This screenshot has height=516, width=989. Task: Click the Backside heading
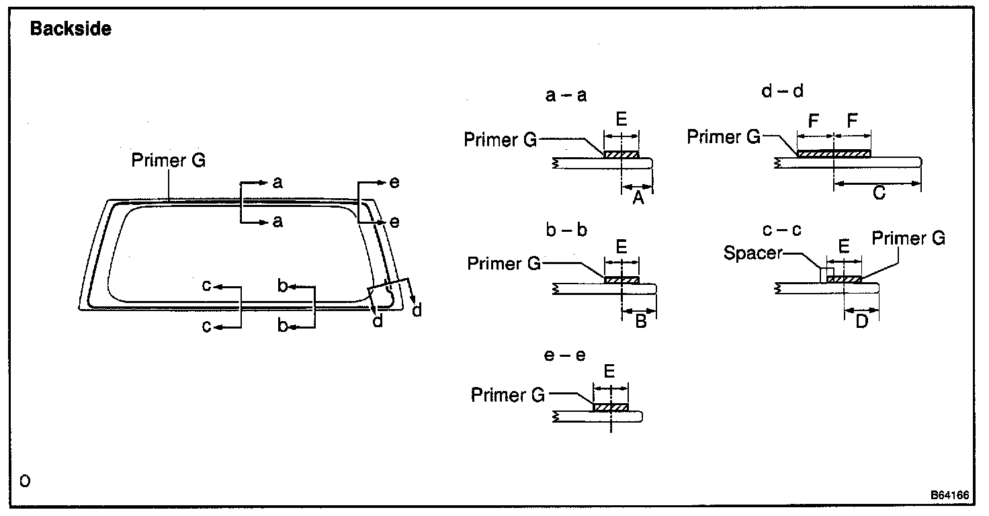point(71,30)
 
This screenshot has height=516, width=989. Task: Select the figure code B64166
point(949,495)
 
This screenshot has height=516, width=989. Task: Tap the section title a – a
point(566,95)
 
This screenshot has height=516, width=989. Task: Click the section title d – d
point(783,91)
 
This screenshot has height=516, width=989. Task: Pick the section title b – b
point(566,230)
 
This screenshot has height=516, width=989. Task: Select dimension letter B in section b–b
point(640,321)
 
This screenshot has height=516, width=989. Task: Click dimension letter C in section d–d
point(878,193)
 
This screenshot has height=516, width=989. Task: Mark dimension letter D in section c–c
point(861,321)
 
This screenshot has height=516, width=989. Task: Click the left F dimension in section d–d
point(814,122)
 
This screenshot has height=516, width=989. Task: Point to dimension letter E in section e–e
point(609,372)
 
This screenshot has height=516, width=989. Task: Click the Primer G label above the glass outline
point(169,161)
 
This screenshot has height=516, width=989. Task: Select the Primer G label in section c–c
point(908,238)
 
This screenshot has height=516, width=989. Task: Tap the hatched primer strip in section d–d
point(833,154)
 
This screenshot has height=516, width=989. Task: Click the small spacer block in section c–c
point(823,275)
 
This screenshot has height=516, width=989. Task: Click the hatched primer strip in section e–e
point(610,408)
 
